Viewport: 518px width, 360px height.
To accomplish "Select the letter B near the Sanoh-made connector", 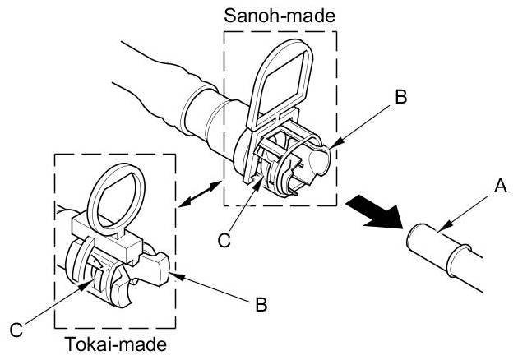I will tap(400, 96).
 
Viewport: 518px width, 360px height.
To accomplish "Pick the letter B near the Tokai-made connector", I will tap(261, 304).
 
